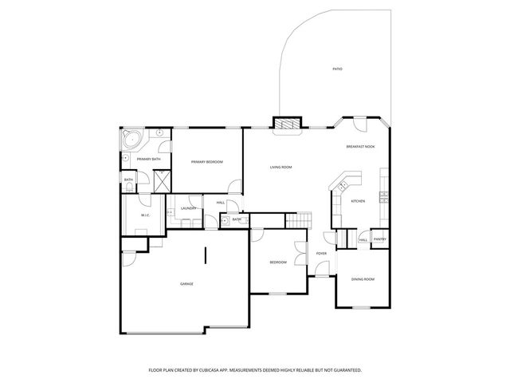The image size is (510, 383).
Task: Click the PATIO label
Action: pyautogui.click(x=337, y=69)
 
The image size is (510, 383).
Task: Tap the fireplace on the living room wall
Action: pyautogui.click(x=288, y=124)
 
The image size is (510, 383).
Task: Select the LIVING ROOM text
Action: pyautogui.click(x=280, y=167)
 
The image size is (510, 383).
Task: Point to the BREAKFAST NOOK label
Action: pyautogui.click(x=361, y=147)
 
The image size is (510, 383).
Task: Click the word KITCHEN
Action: pyautogui.click(x=358, y=201)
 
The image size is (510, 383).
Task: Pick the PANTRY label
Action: pyautogui.click(x=380, y=239)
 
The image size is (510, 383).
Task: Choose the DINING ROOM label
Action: pyautogui.click(x=363, y=278)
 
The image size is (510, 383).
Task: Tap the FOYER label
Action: pyautogui.click(x=321, y=254)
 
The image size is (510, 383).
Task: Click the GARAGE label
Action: pyautogui.click(x=186, y=284)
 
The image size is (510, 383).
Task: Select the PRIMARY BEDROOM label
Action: pyautogui.click(x=206, y=162)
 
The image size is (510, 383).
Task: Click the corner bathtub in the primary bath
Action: pyautogui.click(x=131, y=140)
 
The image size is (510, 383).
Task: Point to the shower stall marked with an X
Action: pyautogui.click(x=162, y=181)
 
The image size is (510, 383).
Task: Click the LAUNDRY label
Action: pyautogui.click(x=189, y=208)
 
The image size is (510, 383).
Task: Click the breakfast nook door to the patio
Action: pyautogui.click(x=359, y=124)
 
